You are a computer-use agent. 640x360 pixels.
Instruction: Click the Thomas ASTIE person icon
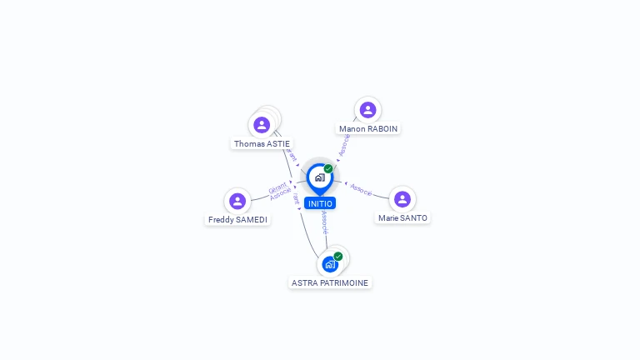(x=262, y=125)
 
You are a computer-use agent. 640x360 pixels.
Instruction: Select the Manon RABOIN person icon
(x=367, y=110)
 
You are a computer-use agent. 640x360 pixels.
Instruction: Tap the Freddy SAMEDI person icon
(x=237, y=201)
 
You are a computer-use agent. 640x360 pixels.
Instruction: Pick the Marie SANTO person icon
(x=402, y=199)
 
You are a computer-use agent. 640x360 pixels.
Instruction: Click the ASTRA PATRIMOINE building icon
(x=330, y=264)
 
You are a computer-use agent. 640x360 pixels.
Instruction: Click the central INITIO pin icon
(x=319, y=177)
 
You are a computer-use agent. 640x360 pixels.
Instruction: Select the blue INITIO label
(x=320, y=203)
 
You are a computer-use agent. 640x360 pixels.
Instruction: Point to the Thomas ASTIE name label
(x=262, y=143)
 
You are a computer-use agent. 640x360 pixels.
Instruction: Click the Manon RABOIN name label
(x=368, y=128)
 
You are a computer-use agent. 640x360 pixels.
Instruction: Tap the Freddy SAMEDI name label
(x=237, y=219)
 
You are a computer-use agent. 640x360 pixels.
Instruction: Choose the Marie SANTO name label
(x=402, y=217)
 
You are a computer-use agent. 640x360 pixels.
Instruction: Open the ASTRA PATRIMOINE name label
(x=330, y=282)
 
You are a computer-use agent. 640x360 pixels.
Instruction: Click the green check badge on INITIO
(x=328, y=168)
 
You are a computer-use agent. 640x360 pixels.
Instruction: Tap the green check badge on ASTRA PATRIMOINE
(x=338, y=256)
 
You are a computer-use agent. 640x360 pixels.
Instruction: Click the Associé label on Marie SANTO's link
(x=361, y=189)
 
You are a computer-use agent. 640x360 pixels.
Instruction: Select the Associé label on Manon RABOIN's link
(x=344, y=145)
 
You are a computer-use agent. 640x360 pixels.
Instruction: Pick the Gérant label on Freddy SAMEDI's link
(x=277, y=186)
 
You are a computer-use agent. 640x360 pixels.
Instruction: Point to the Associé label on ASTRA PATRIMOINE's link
(x=324, y=222)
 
